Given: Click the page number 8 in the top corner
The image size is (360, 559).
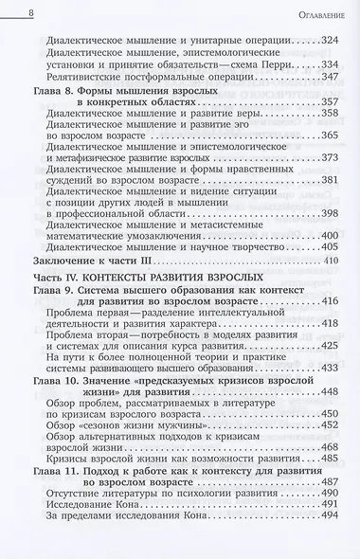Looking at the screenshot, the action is coord(32,13).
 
